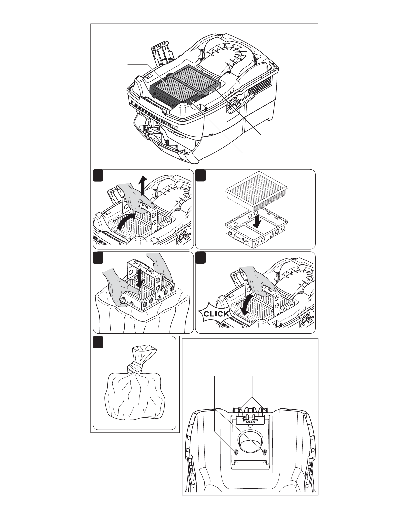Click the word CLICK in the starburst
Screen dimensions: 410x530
(x=216, y=314)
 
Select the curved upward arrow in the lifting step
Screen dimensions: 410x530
(x=126, y=221)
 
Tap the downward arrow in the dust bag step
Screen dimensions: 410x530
(x=140, y=278)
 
